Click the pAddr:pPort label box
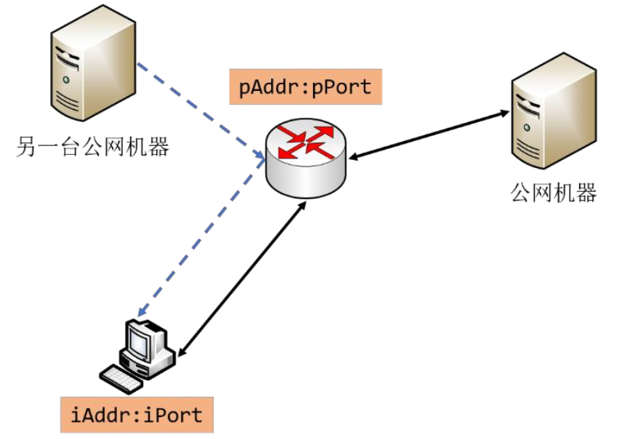[x=305, y=87]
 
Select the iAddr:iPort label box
[x=136, y=414]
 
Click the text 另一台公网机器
[x=92, y=148]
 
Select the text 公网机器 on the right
[x=554, y=193]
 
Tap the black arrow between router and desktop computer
[x=240, y=280]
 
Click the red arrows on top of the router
[x=307, y=140]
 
